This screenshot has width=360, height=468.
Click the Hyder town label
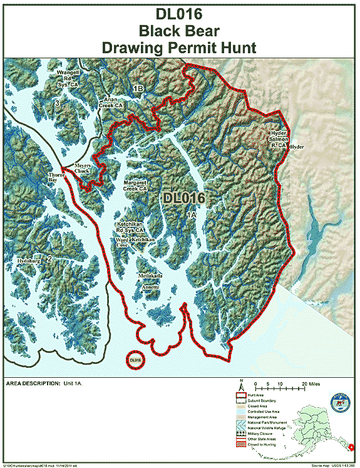297,147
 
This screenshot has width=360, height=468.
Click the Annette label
150,286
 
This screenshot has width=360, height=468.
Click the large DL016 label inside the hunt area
184,198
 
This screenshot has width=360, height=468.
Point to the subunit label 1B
138,90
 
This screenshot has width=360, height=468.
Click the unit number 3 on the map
57,103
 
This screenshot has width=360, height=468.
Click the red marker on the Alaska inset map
352,447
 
